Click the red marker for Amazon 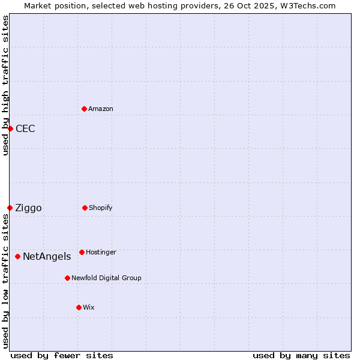84,109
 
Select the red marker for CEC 10,128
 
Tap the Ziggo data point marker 10,208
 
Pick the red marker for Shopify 85,208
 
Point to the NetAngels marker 17,256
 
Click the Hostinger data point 82,252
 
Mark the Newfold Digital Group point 67,278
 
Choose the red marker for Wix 79,307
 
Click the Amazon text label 101,109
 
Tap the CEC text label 25,128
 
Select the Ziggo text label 28,208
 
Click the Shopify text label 101,208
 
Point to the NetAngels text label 47,256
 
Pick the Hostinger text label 101,252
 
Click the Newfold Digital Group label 106,278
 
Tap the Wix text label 89,307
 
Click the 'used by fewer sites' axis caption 62,355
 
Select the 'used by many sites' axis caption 301,355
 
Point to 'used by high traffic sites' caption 5,85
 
